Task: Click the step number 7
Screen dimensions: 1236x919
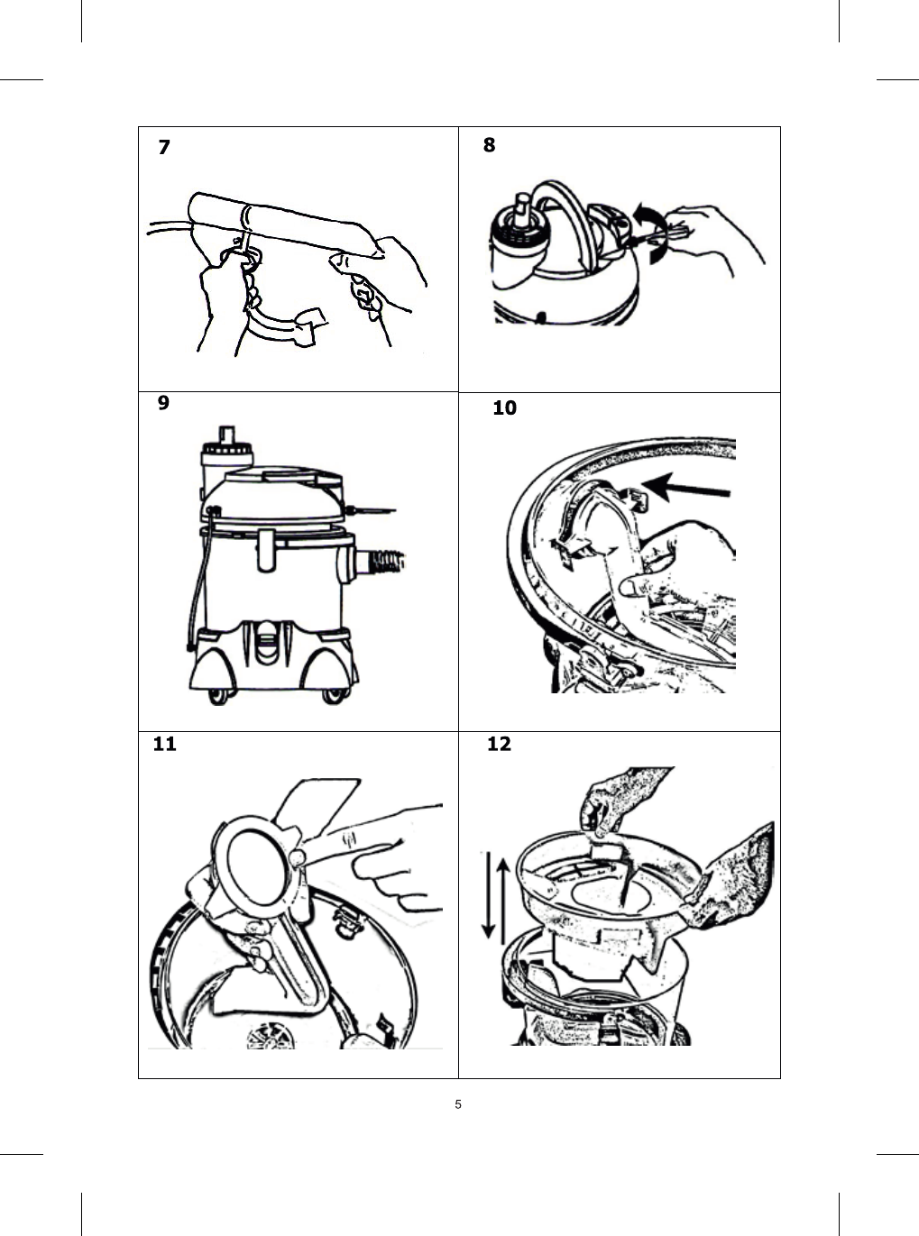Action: pyautogui.click(x=163, y=147)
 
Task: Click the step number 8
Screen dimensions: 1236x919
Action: pyautogui.click(x=489, y=144)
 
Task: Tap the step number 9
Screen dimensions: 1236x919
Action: pyautogui.click(x=163, y=403)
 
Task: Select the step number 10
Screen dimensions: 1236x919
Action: pyautogui.click(x=504, y=408)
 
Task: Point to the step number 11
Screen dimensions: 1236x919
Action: pyautogui.click(x=164, y=744)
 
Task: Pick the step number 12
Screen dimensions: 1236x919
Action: pyautogui.click(x=499, y=744)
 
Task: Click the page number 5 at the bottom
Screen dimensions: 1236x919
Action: pyautogui.click(x=458, y=1104)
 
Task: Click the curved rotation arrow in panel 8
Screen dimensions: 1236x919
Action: pyautogui.click(x=650, y=233)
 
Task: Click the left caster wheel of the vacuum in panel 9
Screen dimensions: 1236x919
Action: pyautogui.click(x=217, y=695)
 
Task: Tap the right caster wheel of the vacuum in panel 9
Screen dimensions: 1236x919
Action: pyautogui.click(x=335, y=695)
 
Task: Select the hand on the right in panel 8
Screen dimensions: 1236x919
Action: pyautogui.click(x=717, y=233)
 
